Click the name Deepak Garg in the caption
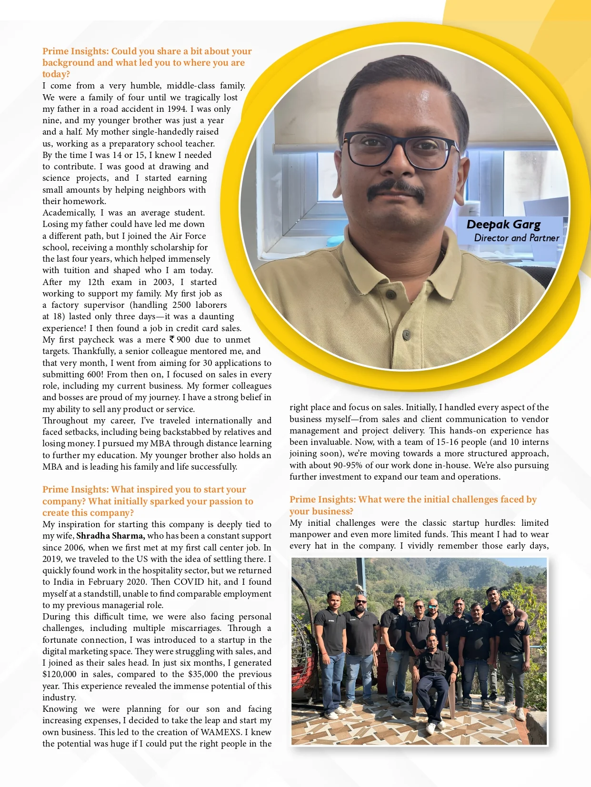(x=503, y=225)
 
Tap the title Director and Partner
(x=516, y=238)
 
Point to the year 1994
(x=177, y=109)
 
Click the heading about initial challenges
(x=412, y=505)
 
